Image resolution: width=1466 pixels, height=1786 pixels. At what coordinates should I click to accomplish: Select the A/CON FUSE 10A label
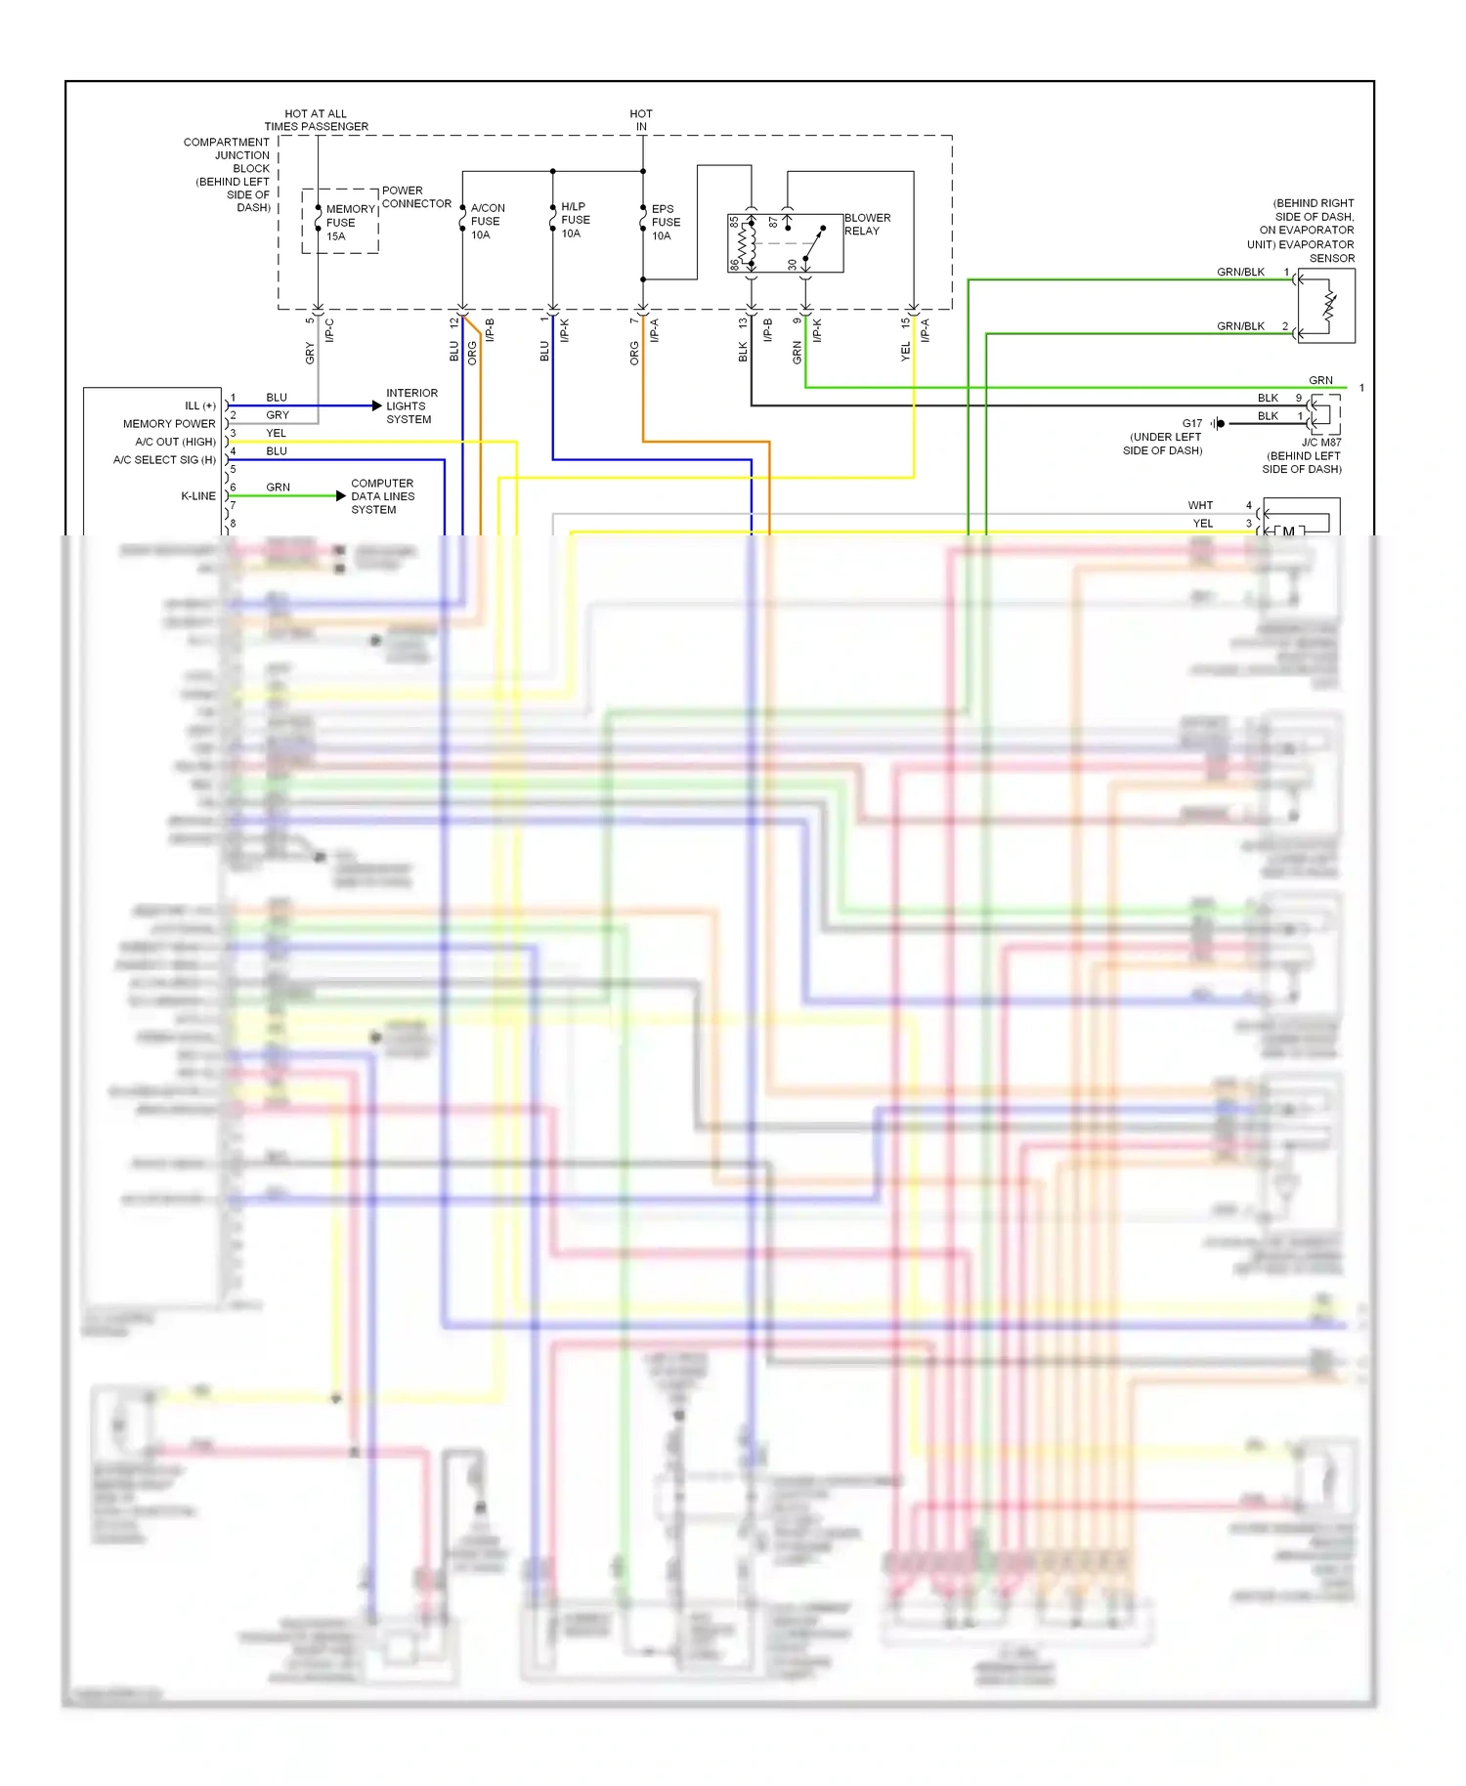pyautogui.click(x=486, y=222)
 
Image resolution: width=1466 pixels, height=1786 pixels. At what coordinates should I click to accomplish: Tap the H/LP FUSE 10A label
pyautogui.click(x=575, y=220)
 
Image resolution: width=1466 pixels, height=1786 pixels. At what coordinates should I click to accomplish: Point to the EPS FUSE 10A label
pyautogui.click(x=665, y=223)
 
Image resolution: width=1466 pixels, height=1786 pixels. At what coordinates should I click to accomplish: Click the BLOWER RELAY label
pyautogui.click(x=867, y=225)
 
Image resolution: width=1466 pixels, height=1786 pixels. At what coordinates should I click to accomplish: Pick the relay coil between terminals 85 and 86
pyautogui.click(x=748, y=243)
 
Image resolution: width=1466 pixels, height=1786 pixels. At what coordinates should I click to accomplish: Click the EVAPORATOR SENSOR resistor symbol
pyautogui.click(x=1329, y=306)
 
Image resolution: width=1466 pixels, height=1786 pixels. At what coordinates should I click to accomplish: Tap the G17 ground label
pyautogui.click(x=1192, y=424)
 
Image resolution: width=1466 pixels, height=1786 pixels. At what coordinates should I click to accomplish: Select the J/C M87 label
pyautogui.click(x=1321, y=443)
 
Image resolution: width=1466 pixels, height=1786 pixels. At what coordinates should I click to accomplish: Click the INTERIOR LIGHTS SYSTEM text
pyautogui.click(x=411, y=406)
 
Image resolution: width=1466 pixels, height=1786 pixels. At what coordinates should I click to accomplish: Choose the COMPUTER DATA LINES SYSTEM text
pyautogui.click(x=382, y=496)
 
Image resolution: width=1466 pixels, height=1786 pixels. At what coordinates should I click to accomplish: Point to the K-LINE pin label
pyautogui.click(x=198, y=496)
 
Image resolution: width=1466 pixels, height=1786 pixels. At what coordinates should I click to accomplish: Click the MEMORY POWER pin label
pyautogui.click(x=169, y=424)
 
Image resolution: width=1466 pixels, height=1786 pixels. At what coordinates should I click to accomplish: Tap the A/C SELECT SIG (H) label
pyautogui.click(x=164, y=460)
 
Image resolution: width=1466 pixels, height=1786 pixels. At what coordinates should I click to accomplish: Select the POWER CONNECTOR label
pyautogui.click(x=416, y=197)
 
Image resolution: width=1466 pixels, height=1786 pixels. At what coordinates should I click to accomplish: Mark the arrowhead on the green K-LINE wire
pyautogui.click(x=340, y=496)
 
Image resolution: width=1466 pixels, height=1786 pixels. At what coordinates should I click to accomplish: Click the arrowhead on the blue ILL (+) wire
pyautogui.click(x=376, y=405)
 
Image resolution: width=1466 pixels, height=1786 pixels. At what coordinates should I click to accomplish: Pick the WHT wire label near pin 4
pyautogui.click(x=1200, y=506)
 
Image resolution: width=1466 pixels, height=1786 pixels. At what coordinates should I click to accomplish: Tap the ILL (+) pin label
pyautogui.click(x=200, y=406)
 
